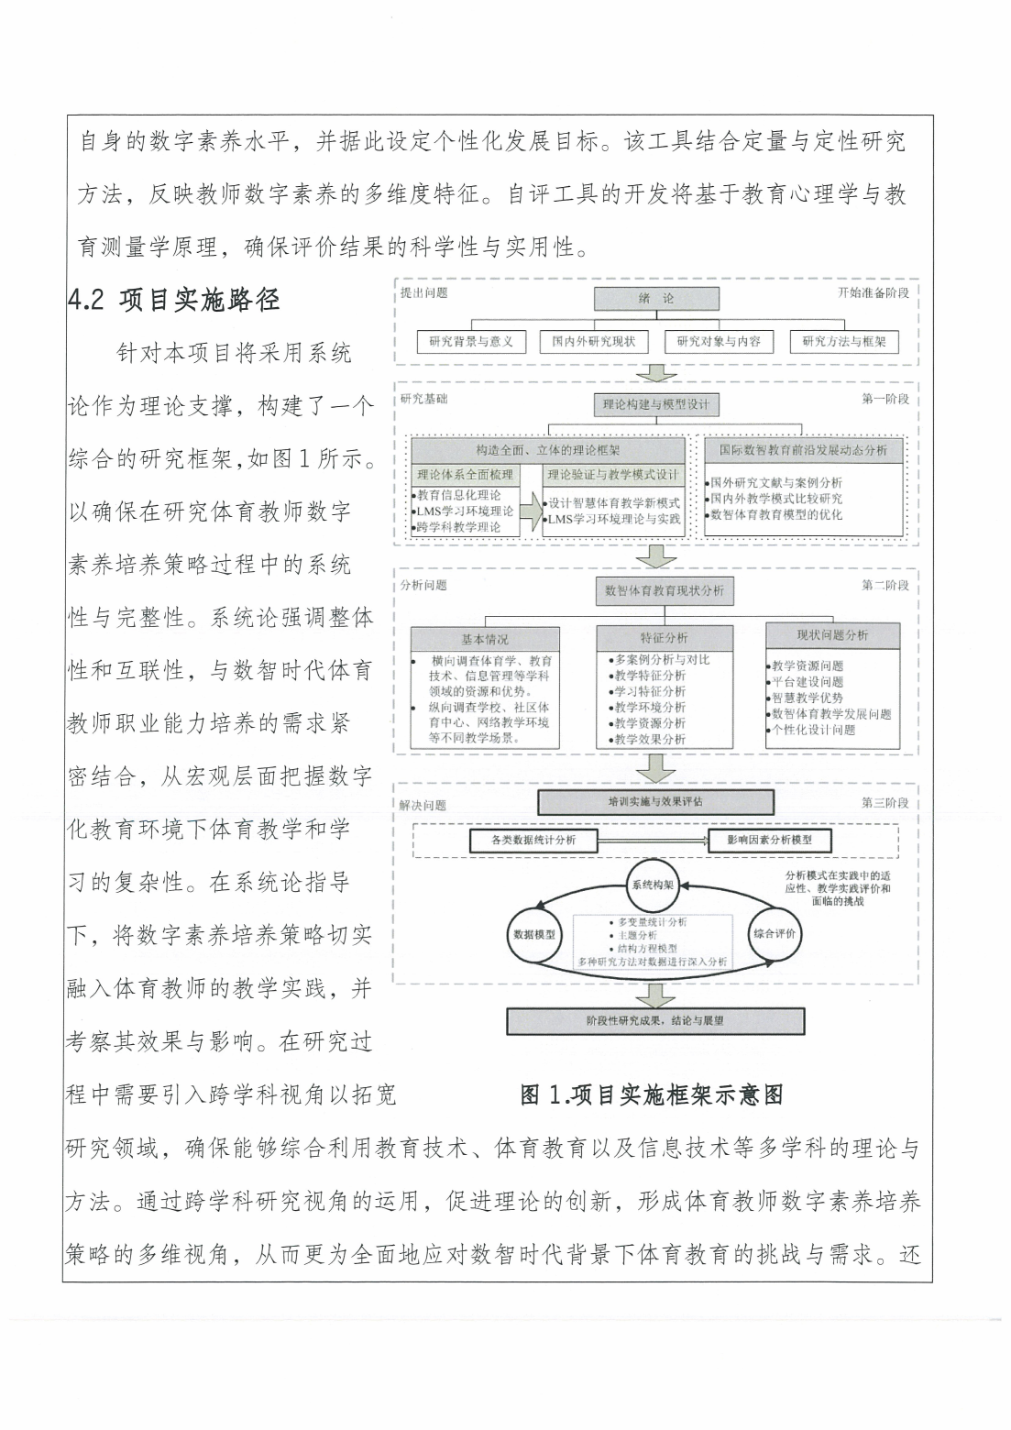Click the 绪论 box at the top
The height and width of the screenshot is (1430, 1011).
pos(656,299)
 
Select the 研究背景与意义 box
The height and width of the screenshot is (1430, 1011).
pos(471,342)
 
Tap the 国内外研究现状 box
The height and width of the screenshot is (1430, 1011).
pos(593,342)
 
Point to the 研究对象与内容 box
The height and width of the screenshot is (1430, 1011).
pos(719,342)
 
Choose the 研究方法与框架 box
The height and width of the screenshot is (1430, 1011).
pos(844,342)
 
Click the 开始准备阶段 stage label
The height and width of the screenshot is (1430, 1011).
pos(873,292)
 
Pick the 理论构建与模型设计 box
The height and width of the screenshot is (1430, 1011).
pos(656,404)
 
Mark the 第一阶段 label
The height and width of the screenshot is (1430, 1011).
pos(885,399)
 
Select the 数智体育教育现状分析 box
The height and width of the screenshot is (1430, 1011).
pos(664,591)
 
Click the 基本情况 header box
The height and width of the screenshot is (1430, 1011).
pos(484,639)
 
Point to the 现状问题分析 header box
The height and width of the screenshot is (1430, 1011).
pos(832,635)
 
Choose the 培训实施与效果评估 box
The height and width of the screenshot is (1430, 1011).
pos(655,802)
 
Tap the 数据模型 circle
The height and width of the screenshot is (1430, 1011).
pos(533,935)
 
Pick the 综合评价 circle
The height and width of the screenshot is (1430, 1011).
pos(775,933)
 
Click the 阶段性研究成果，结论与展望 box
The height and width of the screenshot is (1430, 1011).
pos(655,1020)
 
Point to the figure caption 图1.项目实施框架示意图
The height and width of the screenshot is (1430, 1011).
pos(652,1094)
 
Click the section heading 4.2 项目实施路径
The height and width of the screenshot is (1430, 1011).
pos(174,300)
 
